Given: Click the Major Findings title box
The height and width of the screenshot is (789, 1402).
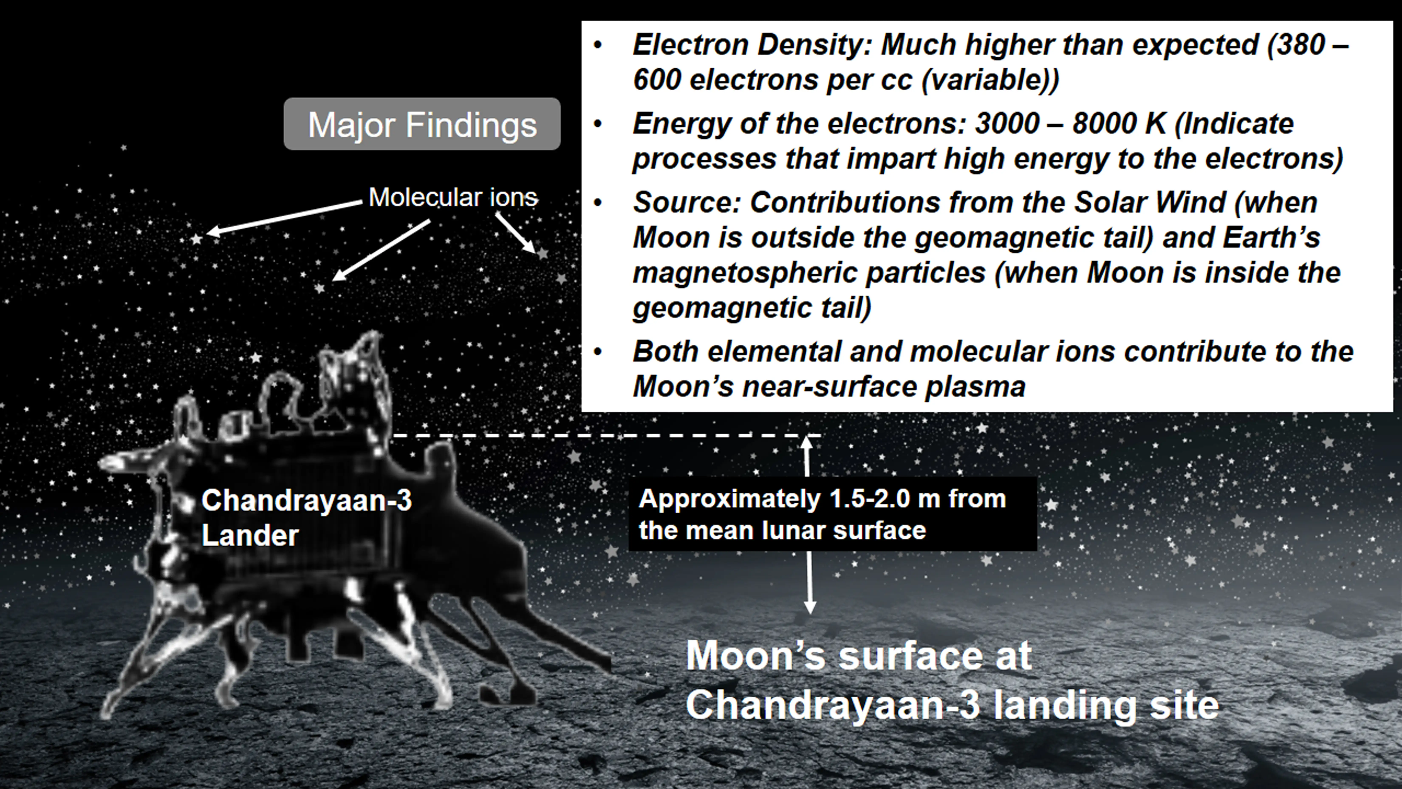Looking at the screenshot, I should click(422, 124).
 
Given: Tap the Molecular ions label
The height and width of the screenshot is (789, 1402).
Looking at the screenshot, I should click(453, 197).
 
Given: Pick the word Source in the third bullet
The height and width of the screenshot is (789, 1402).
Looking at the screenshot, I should click(683, 203).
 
